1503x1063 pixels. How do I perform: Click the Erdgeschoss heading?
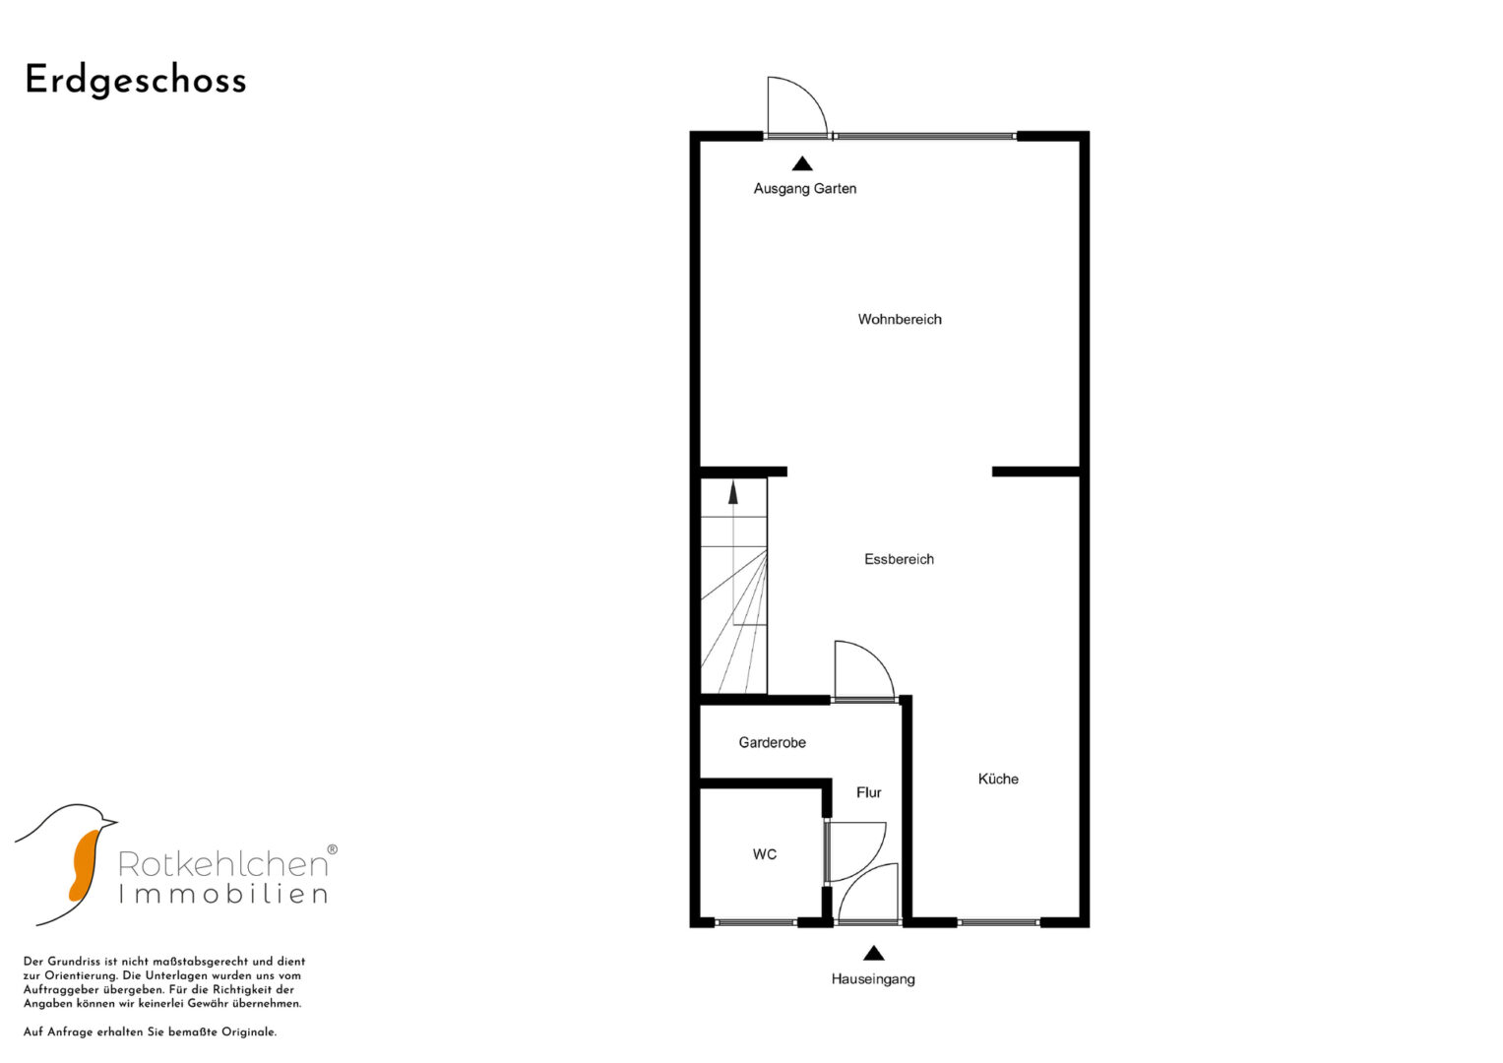136,81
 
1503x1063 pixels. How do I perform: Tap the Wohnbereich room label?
899,320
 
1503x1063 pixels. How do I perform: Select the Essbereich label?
899,559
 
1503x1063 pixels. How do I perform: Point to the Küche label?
998,779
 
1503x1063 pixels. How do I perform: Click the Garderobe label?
772,742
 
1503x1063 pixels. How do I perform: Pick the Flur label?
868,792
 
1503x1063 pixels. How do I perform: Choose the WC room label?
764,854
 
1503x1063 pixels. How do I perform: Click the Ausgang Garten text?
804,189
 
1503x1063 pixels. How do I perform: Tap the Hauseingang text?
873,979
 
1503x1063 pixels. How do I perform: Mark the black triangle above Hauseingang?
873,953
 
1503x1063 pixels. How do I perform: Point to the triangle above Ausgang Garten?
802,163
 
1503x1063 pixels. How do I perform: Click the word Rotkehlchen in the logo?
222,865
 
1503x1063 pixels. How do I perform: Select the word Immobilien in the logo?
223,894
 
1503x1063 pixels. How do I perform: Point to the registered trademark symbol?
332,849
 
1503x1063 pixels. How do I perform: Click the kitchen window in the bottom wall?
998,923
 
